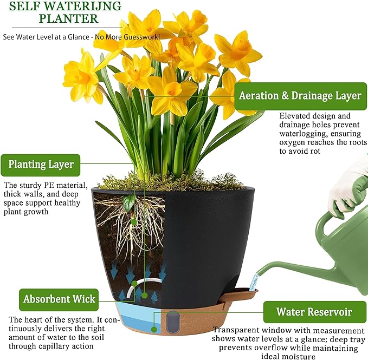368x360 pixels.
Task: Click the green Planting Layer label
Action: (x=41, y=165)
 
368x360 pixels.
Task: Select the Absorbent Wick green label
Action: (x=59, y=299)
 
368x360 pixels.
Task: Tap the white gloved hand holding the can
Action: (x=347, y=187)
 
